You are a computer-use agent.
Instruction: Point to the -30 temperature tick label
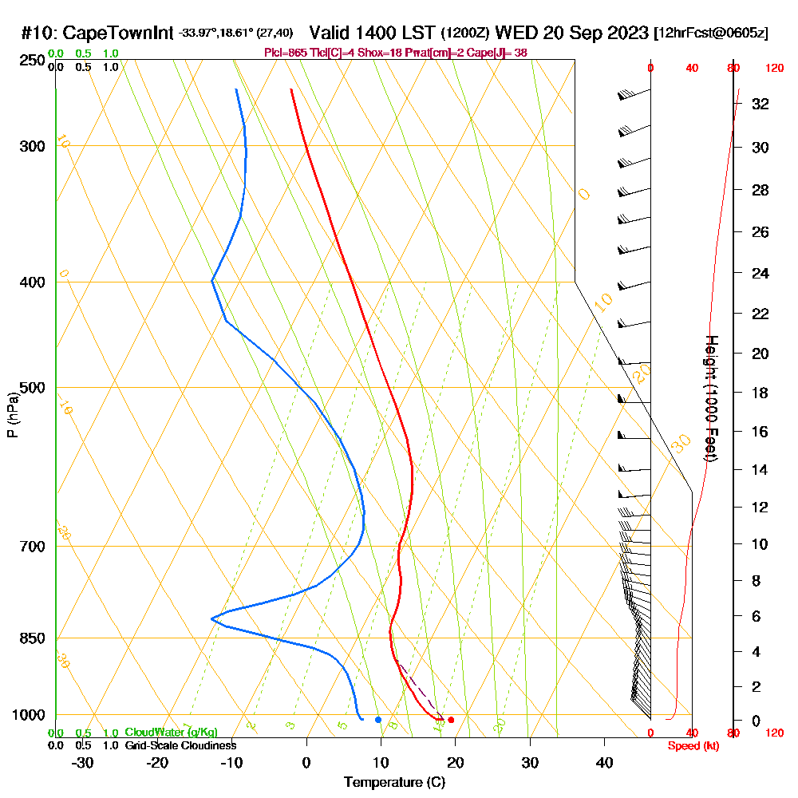[83, 762]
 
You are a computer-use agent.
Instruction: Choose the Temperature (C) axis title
[394, 783]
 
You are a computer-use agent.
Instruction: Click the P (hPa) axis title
[12, 415]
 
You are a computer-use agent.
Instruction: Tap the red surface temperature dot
[451, 720]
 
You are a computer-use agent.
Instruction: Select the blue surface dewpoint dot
[378, 720]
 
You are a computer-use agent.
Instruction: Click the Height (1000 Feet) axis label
[710, 398]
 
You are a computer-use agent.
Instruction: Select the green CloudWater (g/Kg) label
[171, 733]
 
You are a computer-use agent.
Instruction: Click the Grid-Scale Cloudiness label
[180, 745]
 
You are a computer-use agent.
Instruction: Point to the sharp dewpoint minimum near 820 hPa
[211, 618]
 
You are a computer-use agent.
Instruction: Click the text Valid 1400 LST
[373, 34]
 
